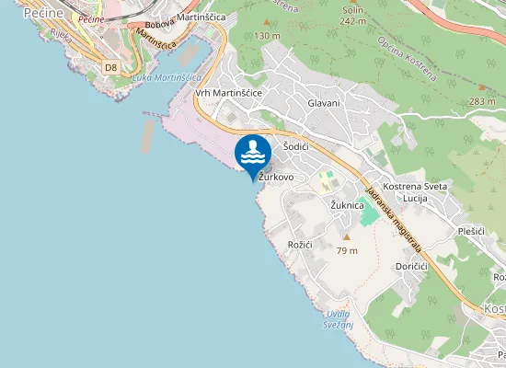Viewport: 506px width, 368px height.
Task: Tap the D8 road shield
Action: tap(111, 67)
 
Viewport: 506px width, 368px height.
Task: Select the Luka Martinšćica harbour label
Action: tap(167, 77)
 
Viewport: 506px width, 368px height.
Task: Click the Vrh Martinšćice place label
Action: tap(229, 93)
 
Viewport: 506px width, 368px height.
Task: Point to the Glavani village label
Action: tap(324, 103)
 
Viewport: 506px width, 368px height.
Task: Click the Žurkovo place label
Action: tap(276, 177)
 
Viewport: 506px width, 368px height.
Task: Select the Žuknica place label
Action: tap(349, 205)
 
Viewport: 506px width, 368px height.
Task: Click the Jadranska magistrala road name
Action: tap(393, 221)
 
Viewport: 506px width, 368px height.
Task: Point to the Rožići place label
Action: tap(301, 245)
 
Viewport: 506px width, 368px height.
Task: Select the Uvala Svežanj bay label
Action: tap(337, 319)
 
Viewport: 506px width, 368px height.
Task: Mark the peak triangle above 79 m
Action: tap(347, 236)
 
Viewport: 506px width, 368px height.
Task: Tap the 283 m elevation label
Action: tap(482, 101)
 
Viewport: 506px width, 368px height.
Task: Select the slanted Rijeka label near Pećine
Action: tap(61, 38)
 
